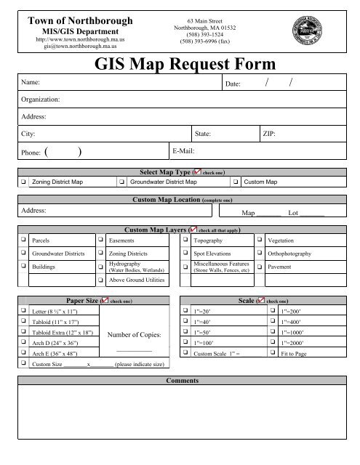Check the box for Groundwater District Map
[121, 181]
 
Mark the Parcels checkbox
[24, 239]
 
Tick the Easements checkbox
[100, 239]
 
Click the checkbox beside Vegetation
[260, 239]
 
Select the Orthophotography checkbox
[260, 254]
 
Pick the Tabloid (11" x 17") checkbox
[24, 320]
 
